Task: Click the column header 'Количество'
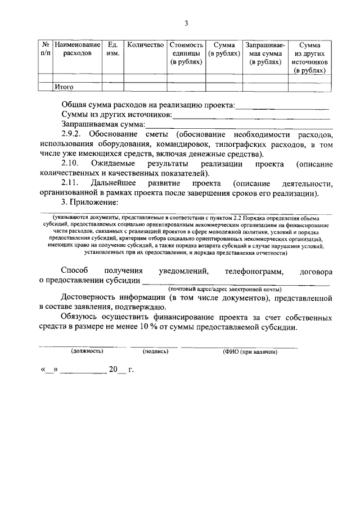(145, 44)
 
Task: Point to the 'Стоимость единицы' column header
(186, 53)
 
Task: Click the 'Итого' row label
(64, 87)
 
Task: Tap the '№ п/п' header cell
(44, 48)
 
